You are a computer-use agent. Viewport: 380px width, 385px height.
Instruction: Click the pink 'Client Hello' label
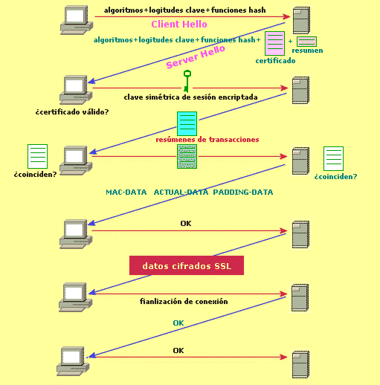pyautogui.click(x=179, y=25)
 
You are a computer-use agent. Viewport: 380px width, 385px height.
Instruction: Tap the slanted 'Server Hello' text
pyautogui.click(x=196, y=56)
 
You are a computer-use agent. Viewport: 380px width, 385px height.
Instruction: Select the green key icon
pyautogui.click(x=187, y=81)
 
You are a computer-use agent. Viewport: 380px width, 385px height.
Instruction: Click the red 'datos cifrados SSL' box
pyautogui.click(x=187, y=265)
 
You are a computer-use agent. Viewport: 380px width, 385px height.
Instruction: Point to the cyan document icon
pyautogui.click(x=187, y=123)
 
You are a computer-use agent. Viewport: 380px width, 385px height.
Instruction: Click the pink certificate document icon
pyautogui.click(x=274, y=44)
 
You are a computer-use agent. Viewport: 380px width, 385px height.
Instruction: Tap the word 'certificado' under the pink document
pyautogui.click(x=275, y=61)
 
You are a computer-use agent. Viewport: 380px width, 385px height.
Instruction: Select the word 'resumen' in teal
pyautogui.click(x=307, y=51)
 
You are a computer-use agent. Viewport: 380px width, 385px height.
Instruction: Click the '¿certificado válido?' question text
pyautogui.click(x=72, y=112)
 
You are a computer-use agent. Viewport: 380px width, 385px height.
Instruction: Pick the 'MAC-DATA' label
pyautogui.click(x=126, y=192)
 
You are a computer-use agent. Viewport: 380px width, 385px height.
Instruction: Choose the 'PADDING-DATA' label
pyautogui.click(x=243, y=192)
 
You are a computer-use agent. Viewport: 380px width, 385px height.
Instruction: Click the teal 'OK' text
pyautogui.click(x=178, y=323)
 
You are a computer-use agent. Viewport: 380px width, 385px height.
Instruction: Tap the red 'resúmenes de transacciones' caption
pyautogui.click(x=207, y=140)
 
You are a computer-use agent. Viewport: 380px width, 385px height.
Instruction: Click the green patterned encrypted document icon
pyautogui.click(x=187, y=157)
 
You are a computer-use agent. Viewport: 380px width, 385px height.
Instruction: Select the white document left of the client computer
pyautogui.click(x=37, y=156)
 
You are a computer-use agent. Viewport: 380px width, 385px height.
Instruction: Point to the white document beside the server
pyautogui.click(x=333, y=158)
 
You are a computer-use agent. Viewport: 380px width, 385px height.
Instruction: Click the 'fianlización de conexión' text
pyautogui.click(x=184, y=302)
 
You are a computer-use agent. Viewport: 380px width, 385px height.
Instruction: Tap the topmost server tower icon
pyautogui.click(x=301, y=20)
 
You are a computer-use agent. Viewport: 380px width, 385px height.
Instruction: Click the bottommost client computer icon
pyautogui.click(x=73, y=361)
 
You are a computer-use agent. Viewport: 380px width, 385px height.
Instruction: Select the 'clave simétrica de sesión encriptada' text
pyautogui.click(x=190, y=97)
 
